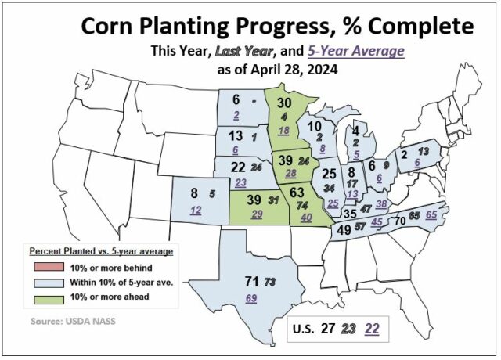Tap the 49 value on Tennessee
click(x=344, y=230)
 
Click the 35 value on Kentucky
click(x=351, y=213)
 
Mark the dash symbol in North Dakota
click(x=253, y=101)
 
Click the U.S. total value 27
click(x=330, y=329)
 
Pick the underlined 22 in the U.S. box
click(x=373, y=329)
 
